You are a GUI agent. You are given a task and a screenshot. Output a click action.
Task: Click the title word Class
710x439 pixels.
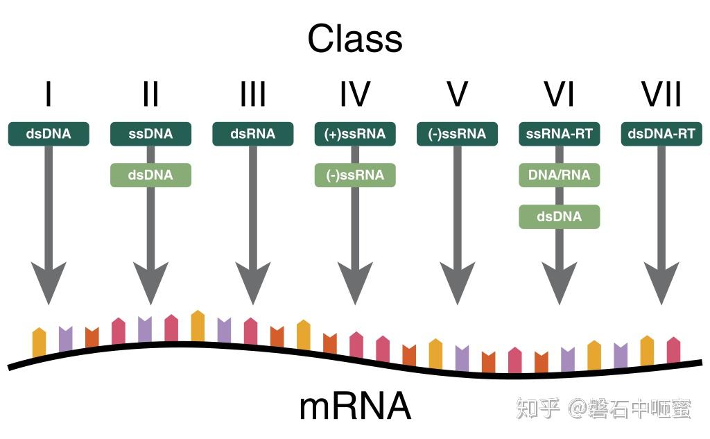point(355,40)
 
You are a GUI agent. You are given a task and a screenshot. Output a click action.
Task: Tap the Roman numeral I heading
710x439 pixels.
point(48,94)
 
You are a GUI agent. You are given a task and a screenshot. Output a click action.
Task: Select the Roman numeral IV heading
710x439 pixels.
point(355,94)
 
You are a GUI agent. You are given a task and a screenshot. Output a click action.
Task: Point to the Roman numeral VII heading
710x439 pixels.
point(661,94)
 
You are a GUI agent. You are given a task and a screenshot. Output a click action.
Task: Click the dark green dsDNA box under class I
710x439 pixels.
point(49,134)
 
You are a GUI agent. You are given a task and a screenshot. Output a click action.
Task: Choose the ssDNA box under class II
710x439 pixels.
point(150,134)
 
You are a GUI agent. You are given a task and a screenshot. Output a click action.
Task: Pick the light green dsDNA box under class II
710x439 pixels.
point(150,175)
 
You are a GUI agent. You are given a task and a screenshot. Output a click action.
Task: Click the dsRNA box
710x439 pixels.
point(253,134)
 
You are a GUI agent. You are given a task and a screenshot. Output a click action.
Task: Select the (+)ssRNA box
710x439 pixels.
point(355,134)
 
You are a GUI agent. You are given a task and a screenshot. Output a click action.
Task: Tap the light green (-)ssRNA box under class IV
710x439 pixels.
point(355,175)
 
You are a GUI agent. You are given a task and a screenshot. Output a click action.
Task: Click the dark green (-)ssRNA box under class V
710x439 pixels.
point(457,134)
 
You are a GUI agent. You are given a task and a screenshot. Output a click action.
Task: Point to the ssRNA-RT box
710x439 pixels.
point(560,134)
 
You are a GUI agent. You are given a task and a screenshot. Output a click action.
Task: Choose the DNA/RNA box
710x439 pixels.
point(560,175)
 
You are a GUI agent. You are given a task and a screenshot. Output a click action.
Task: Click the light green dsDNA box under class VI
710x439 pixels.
point(560,216)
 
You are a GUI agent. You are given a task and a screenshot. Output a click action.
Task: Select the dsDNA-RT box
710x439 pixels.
point(661,134)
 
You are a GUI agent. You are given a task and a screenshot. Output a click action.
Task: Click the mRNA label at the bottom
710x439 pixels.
point(355,407)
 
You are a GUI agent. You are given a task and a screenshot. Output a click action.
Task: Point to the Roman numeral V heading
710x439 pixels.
point(457,94)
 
